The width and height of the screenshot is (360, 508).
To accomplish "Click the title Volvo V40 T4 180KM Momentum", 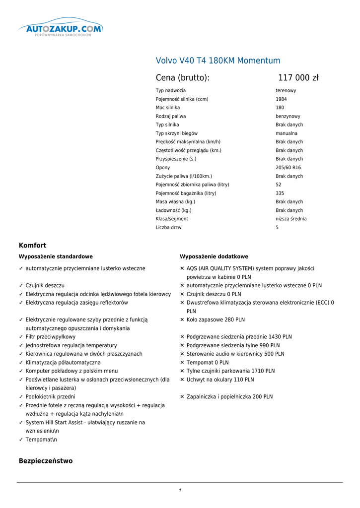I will (218, 61).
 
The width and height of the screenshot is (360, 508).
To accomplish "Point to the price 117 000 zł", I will (298, 78).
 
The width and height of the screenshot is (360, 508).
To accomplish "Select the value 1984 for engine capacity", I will (281, 99).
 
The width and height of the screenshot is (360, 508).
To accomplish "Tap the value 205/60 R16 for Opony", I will (288, 168).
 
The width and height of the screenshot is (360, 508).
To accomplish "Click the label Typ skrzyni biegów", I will (177, 133).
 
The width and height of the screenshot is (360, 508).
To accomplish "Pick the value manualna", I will (287, 133).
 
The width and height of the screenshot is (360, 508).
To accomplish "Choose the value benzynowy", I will (288, 116).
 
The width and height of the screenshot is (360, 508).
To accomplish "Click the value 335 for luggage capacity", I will (281, 193).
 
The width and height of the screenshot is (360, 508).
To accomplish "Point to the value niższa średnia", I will (291, 219).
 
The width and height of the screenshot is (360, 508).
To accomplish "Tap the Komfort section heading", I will (33, 245).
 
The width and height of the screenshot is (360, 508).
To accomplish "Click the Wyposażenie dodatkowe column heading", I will (214, 256).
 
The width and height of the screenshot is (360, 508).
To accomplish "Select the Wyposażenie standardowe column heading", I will (56, 256).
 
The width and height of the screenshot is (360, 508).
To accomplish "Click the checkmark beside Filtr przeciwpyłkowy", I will (21, 337).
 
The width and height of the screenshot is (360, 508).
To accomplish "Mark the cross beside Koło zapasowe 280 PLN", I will (182, 320).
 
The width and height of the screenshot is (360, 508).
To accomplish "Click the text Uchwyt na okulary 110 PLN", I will (220, 380).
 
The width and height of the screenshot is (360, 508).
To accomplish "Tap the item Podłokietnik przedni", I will (51, 397).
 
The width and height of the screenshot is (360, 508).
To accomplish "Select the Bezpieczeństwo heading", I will (46, 461).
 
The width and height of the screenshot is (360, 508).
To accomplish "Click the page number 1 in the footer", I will (180, 491).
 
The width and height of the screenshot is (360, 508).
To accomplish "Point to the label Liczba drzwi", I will (169, 228).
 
